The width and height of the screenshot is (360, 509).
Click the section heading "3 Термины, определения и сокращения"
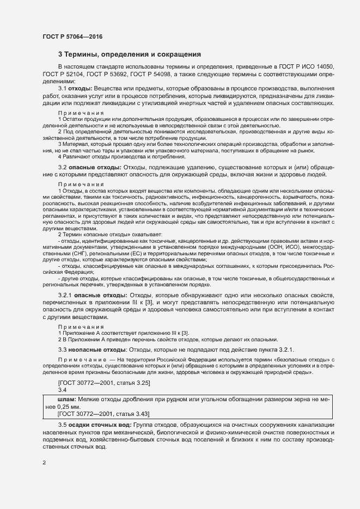pos(130,54)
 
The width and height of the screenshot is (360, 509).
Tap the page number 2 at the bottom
pos(45,463)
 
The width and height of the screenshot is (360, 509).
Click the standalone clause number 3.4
pos(62,391)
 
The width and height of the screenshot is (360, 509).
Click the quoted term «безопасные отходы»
pos(300,360)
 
